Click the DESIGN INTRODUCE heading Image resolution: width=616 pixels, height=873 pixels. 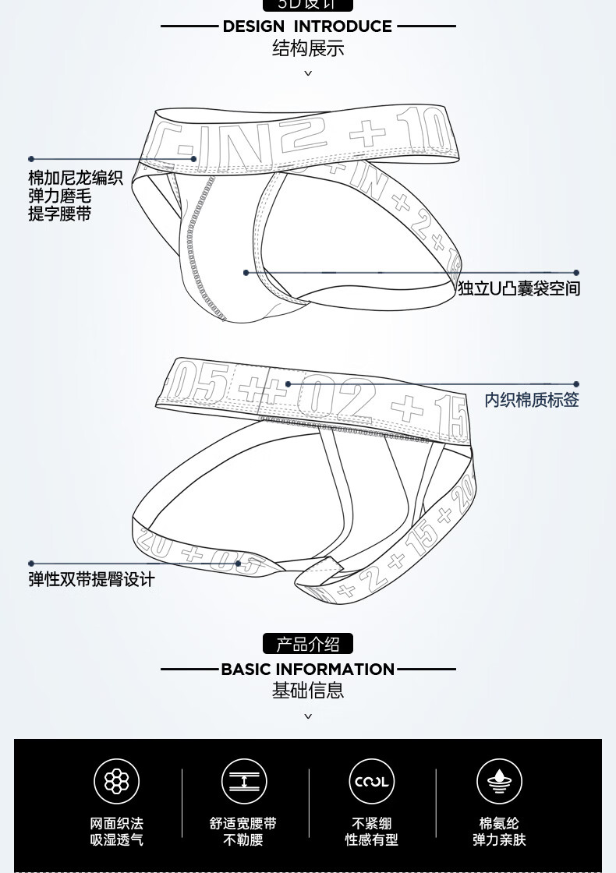(307, 27)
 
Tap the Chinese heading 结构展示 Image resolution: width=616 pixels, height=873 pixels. (308, 49)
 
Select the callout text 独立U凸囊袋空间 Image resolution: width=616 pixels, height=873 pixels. (519, 289)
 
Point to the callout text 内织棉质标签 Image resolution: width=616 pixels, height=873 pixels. (532, 401)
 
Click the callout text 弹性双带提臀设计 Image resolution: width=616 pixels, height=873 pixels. (92, 580)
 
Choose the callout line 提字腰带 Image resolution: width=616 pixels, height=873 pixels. (60, 214)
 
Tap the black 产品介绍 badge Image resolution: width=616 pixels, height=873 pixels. (308, 644)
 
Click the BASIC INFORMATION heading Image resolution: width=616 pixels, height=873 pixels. (308, 670)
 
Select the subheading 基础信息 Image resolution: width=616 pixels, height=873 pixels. (308, 691)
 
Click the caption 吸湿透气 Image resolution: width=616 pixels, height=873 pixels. (117, 840)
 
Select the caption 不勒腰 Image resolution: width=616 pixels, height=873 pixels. (243, 840)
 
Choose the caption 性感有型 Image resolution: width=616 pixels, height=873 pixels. (371, 840)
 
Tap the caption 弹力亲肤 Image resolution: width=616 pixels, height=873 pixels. (499, 840)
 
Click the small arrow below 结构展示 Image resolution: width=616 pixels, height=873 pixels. (308, 73)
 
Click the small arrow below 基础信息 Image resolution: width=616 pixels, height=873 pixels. (308, 716)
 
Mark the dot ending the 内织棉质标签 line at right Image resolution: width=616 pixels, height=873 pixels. (576, 384)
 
